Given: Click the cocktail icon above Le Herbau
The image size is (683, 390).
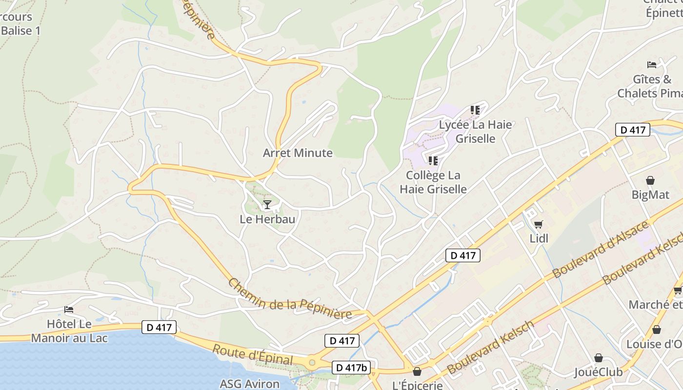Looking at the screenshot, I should pyautogui.click(x=267, y=204).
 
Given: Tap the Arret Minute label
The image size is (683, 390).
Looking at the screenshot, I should pyautogui.click(x=298, y=153).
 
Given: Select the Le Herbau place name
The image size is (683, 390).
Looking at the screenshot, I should pyautogui.click(x=267, y=219).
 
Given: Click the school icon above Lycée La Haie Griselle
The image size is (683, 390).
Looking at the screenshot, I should pyautogui.click(x=475, y=110).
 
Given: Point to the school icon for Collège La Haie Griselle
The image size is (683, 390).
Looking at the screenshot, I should pyautogui.click(x=433, y=160).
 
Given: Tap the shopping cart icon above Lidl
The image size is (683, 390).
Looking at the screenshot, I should pyautogui.click(x=538, y=224).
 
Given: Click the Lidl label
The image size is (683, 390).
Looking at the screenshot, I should pyautogui.click(x=539, y=238).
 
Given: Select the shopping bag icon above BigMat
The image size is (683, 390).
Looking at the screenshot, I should pyautogui.click(x=650, y=180).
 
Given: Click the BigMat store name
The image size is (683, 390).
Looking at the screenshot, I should pyautogui.click(x=650, y=195).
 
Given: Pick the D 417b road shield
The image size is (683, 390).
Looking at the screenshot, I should pyautogui.click(x=351, y=368).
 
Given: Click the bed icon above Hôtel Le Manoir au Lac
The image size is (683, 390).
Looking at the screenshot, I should pyautogui.click(x=69, y=310).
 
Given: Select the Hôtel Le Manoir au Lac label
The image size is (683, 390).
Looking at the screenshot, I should pyautogui.click(x=69, y=331).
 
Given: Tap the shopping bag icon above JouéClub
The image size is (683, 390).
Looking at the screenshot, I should pyautogui.click(x=598, y=358).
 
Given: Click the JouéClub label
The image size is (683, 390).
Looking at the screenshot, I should pyautogui.click(x=598, y=372).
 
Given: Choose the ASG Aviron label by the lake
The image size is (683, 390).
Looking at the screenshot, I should pyautogui.click(x=249, y=384).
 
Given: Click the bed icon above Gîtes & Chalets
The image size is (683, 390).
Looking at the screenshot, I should pyautogui.click(x=651, y=64).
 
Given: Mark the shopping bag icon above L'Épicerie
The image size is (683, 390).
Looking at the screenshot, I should pyautogui.click(x=417, y=371).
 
